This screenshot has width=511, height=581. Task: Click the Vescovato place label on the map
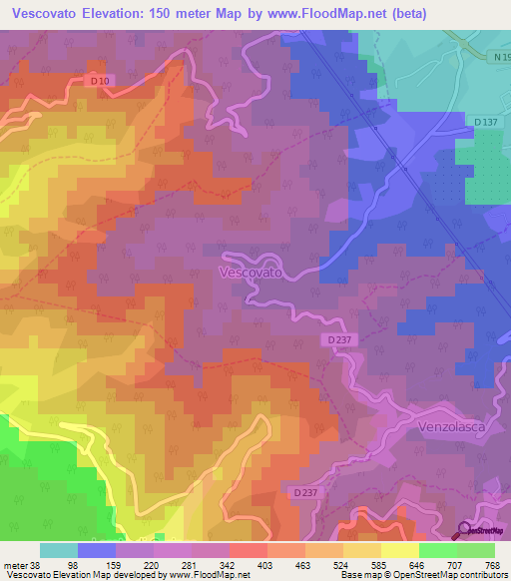(250, 272)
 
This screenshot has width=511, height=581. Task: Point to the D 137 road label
(486, 122)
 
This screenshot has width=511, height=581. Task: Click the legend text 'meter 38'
(21, 565)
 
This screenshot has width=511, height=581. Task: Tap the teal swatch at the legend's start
(59, 550)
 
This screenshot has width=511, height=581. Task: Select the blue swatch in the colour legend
(97, 550)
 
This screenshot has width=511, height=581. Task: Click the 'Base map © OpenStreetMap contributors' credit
(423, 575)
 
